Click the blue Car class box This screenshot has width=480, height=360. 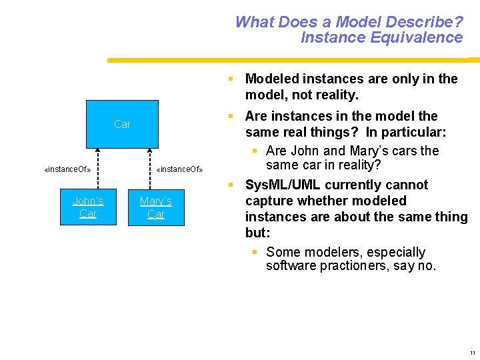tap(122, 124)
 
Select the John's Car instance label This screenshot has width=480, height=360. tap(88, 207)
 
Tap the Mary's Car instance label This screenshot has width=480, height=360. tap(156, 207)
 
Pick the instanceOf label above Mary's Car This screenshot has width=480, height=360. tap(179, 169)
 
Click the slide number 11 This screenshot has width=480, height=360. tap(472, 352)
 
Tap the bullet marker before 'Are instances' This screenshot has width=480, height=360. tap(230, 116)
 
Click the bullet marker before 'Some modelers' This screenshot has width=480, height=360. tap(255, 252)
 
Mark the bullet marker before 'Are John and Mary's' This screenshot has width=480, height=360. tap(255, 151)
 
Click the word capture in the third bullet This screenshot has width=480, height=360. tap(268, 201)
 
